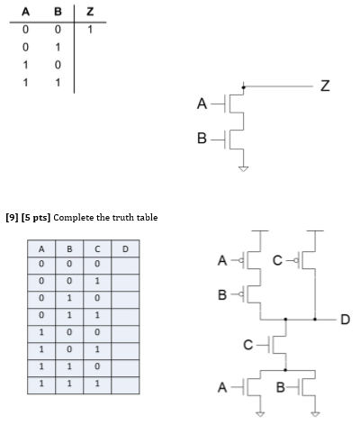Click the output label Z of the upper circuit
[x=324, y=86]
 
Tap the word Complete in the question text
[x=84, y=217]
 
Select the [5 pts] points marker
[x=40, y=217]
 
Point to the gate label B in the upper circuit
[x=202, y=139]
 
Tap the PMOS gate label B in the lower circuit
[x=222, y=295]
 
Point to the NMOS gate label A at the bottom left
[x=221, y=390]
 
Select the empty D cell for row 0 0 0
[x=125, y=263]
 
